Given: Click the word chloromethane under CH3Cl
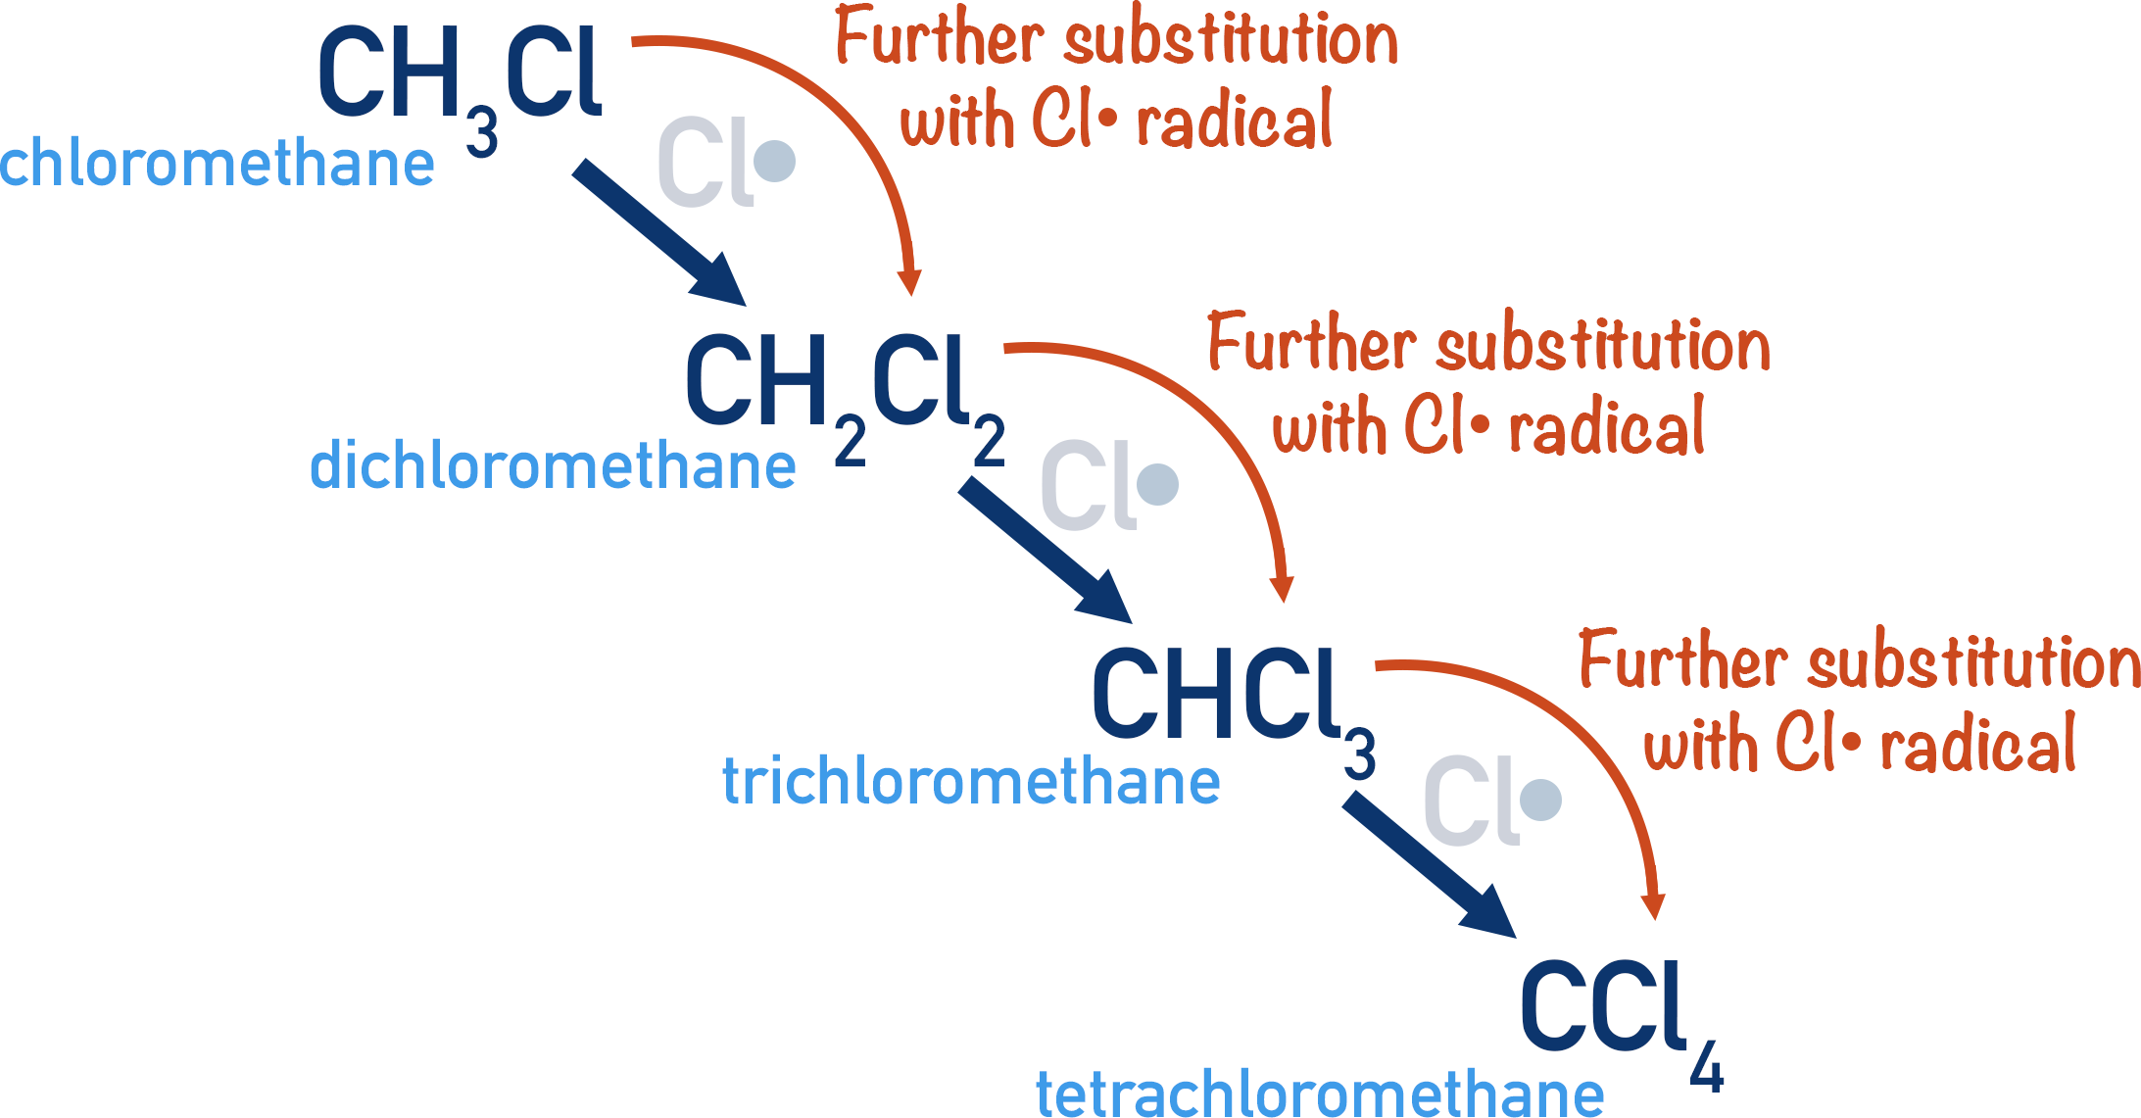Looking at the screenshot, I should (x=217, y=163).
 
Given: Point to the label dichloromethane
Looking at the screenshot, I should (x=553, y=466).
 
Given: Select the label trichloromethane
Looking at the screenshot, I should (x=971, y=782).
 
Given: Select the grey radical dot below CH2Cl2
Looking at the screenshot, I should (x=1158, y=484).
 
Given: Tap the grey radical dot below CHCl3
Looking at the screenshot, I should (x=1541, y=800).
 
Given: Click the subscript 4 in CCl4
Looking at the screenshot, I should (x=1706, y=1067).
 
